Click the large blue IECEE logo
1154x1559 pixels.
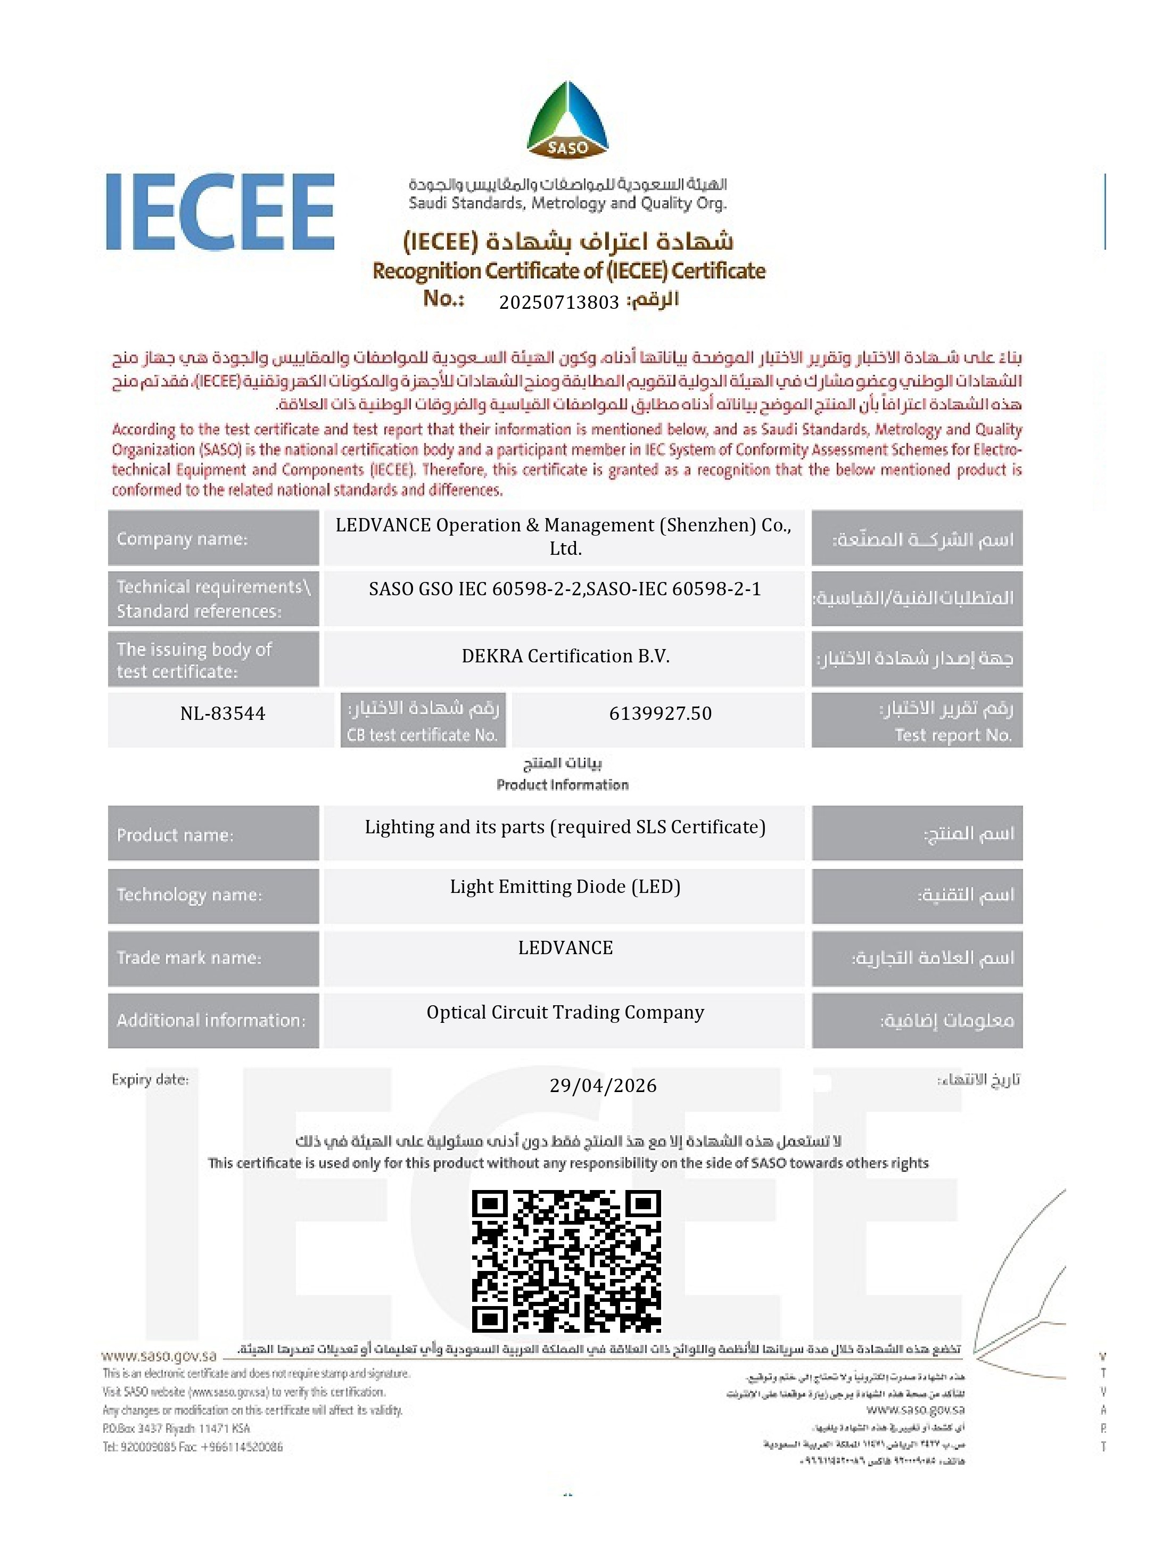(220, 212)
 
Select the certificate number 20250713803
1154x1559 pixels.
(559, 302)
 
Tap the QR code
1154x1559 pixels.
(566, 1261)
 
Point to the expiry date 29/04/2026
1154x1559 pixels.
(603, 1085)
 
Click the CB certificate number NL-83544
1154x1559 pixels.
(222, 713)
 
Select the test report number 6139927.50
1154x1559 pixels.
(660, 713)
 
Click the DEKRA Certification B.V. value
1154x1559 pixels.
(565, 656)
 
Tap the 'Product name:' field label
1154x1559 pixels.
(175, 834)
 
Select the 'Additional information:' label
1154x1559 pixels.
(211, 1020)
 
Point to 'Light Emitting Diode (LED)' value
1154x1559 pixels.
(565, 887)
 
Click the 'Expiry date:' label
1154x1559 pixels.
(150, 1080)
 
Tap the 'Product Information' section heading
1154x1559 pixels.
(562, 785)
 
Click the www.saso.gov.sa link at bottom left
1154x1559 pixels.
(159, 1356)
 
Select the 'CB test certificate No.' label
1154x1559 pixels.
(422, 735)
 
